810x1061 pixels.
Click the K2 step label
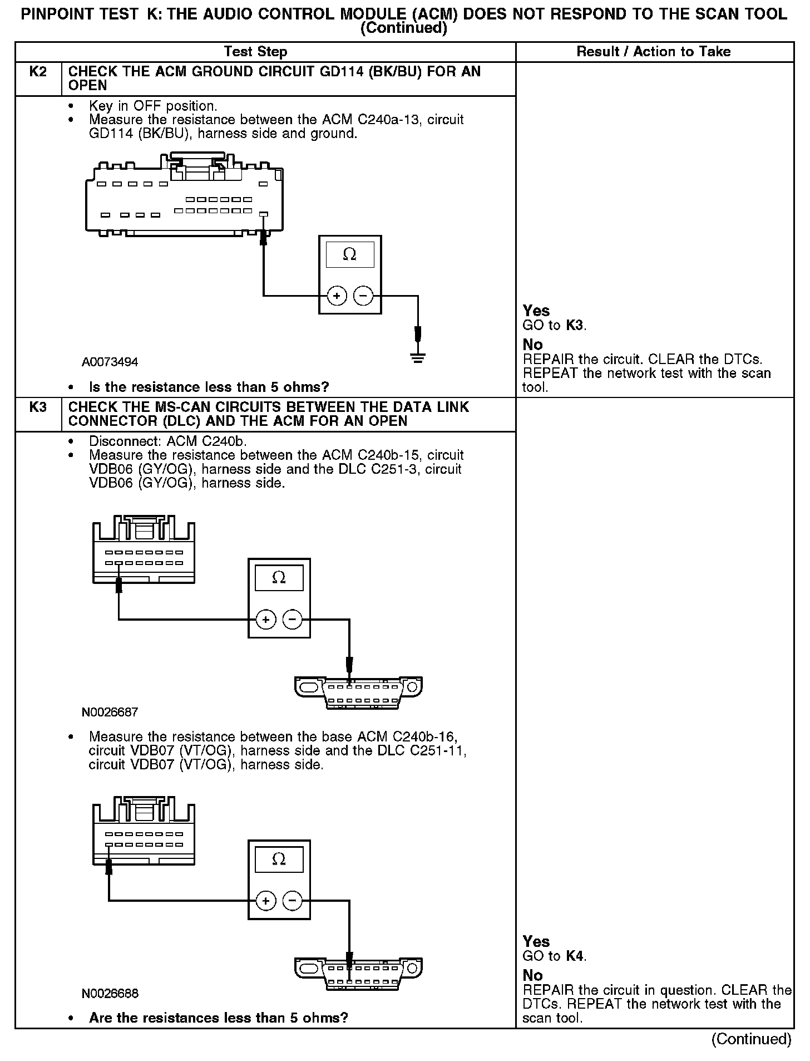point(37,72)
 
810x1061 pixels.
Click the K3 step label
point(37,407)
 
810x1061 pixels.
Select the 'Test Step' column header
point(255,52)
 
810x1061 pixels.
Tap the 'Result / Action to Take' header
point(654,52)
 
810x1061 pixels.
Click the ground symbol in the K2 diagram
point(418,357)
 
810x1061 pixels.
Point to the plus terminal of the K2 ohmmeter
point(337,296)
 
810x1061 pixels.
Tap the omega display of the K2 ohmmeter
point(349,254)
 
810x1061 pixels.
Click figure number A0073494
point(110,362)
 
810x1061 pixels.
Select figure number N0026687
point(110,712)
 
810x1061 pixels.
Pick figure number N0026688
point(110,994)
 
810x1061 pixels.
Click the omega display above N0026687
point(279,578)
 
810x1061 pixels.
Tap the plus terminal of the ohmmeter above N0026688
point(266,901)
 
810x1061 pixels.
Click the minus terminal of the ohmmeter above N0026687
point(293,619)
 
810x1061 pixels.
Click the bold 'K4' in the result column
point(575,956)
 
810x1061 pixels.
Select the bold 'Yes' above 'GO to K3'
point(536,311)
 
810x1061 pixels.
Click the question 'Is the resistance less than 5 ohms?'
point(209,387)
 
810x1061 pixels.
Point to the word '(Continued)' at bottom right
point(751,1039)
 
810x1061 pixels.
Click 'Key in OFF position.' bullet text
point(152,106)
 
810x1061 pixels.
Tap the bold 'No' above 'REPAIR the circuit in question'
point(532,975)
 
